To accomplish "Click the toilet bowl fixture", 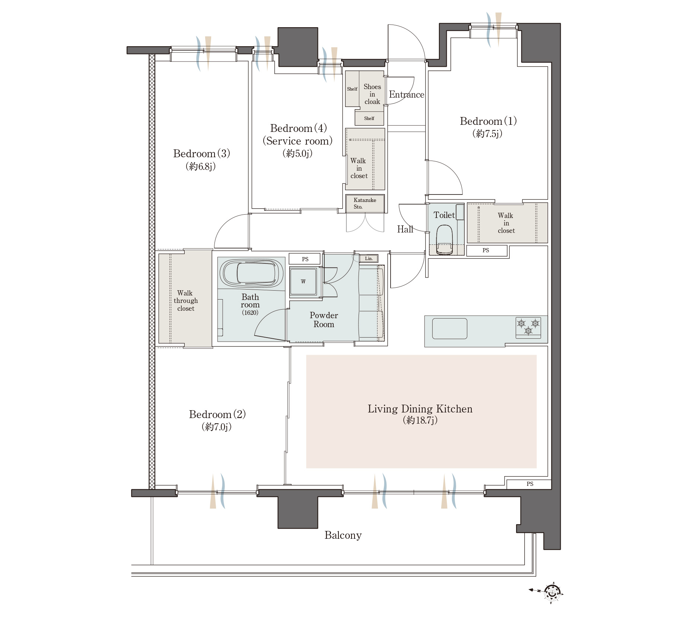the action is tap(444, 240).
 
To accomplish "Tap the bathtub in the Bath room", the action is tap(252, 273).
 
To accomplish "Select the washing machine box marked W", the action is tap(303, 282).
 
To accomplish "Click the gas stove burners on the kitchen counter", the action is tap(528, 327).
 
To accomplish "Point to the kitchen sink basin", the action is tap(449, 329).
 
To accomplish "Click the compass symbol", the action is tap(552, 592).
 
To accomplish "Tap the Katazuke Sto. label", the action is tap(365, 203).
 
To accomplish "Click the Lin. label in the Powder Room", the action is tap(369, 258).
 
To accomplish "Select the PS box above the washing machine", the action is tap(305, 259).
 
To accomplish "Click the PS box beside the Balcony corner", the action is tap(529, 484).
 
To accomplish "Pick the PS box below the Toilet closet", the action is tap(486, 250).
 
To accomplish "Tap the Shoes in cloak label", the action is tap(372, 94).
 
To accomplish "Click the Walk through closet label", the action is tap(185, 301).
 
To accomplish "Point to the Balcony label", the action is tap(343, 535).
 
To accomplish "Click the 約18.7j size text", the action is tap(420, 420).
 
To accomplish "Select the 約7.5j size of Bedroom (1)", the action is tap(487, 133).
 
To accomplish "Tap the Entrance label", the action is tap(407, 95).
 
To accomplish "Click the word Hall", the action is tap(405, 230).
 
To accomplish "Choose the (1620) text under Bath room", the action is tap(250, 313).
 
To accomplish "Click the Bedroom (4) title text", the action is tap(298, 128).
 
